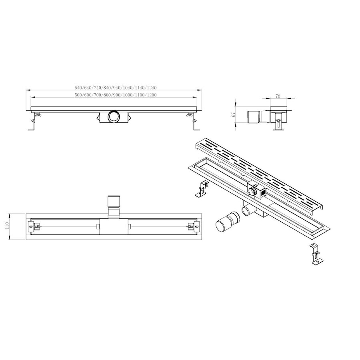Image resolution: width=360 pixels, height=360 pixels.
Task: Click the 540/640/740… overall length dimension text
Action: pos(115,88)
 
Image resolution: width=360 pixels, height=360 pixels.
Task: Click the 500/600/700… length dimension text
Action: pos(115,95)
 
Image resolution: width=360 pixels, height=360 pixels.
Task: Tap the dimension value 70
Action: pos(278,96)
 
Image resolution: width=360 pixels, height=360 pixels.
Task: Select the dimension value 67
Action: pos(233,115)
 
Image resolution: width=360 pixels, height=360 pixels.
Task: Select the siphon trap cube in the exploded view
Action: pos(258,192)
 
